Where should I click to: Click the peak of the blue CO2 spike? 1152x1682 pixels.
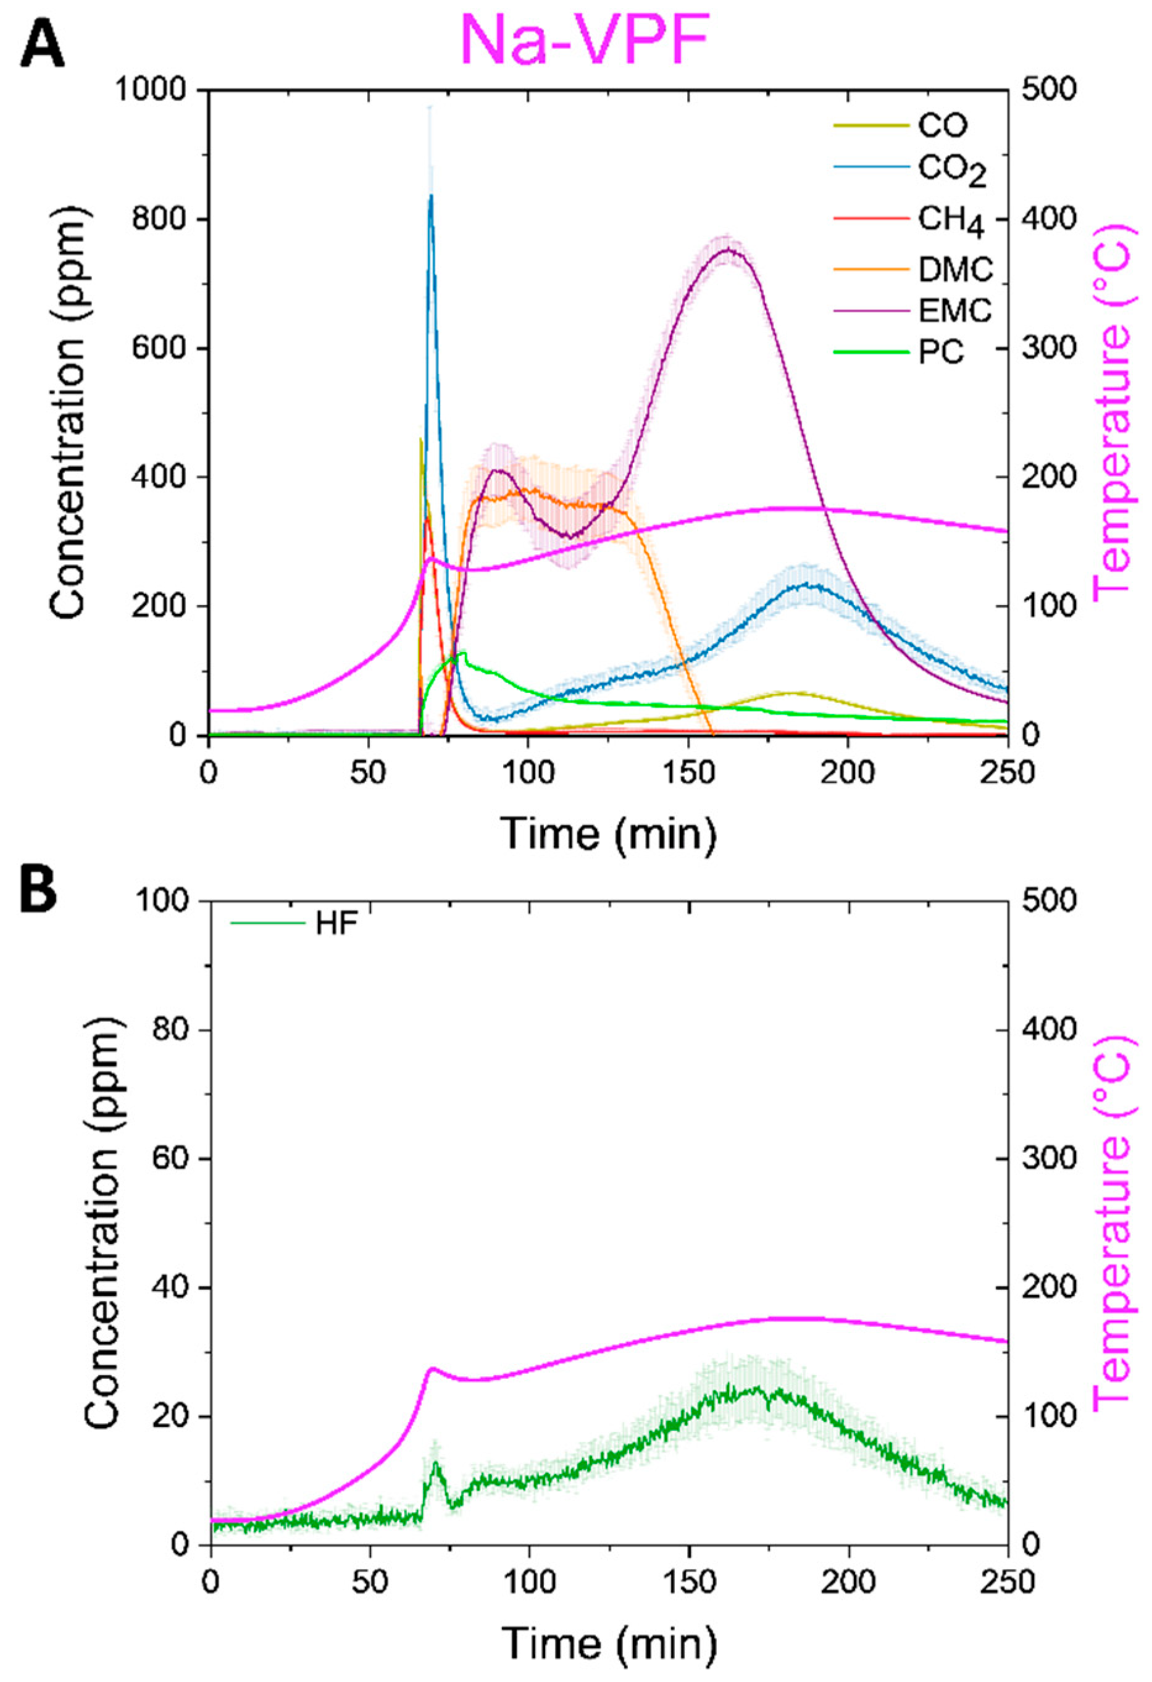[430, 195]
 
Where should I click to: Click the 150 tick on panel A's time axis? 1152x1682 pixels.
[688, 772]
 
